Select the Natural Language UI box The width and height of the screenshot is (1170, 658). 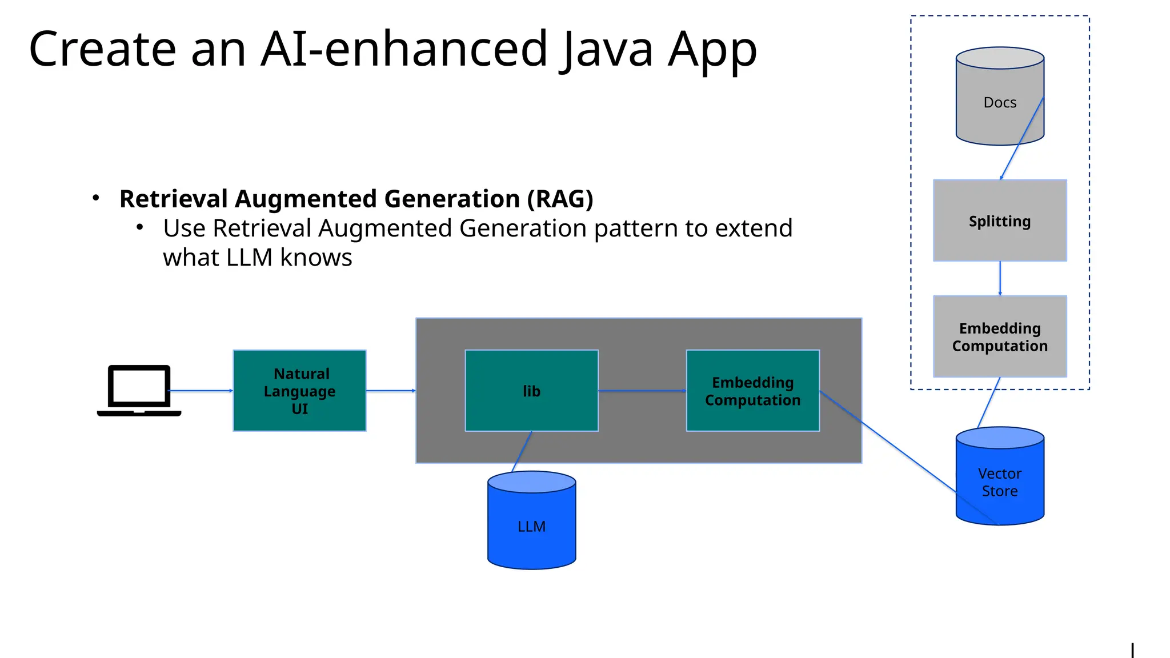[x=299, y=391]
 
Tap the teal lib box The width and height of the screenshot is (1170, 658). [x=531, y=391]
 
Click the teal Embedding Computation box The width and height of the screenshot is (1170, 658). [x=752, y=391]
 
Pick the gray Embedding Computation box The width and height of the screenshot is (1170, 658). [x=1000, y=336]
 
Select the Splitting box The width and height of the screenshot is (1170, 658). [x=1000, y=221]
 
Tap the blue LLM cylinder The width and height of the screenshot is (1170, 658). [x=531, y=525]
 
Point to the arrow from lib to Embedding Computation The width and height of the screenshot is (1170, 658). [x=642, y=391]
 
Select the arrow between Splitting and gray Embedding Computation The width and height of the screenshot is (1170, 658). [x=1000, y=278]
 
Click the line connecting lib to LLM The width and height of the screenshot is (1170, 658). [x=522, y=451]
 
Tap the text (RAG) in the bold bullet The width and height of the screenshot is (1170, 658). [x=560, y=199]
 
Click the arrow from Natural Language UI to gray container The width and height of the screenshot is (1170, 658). [x=391, y=391]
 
